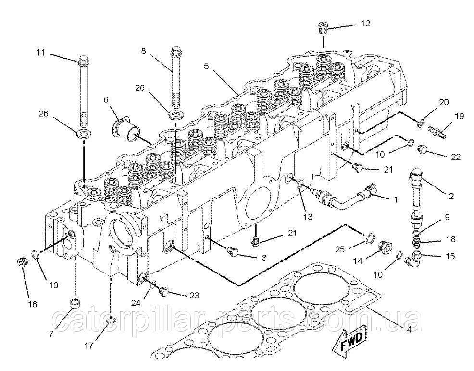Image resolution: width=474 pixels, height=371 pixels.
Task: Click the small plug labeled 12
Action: pyautogui.click(x=323, y=27)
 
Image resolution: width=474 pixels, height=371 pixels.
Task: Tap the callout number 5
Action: pyautogui.click(x=206, y=66)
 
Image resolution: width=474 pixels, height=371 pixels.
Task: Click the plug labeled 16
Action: pyautogui.click(x=21, y=262)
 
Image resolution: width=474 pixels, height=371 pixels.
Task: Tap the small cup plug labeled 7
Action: pyautogui.click(x=75, y=304)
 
